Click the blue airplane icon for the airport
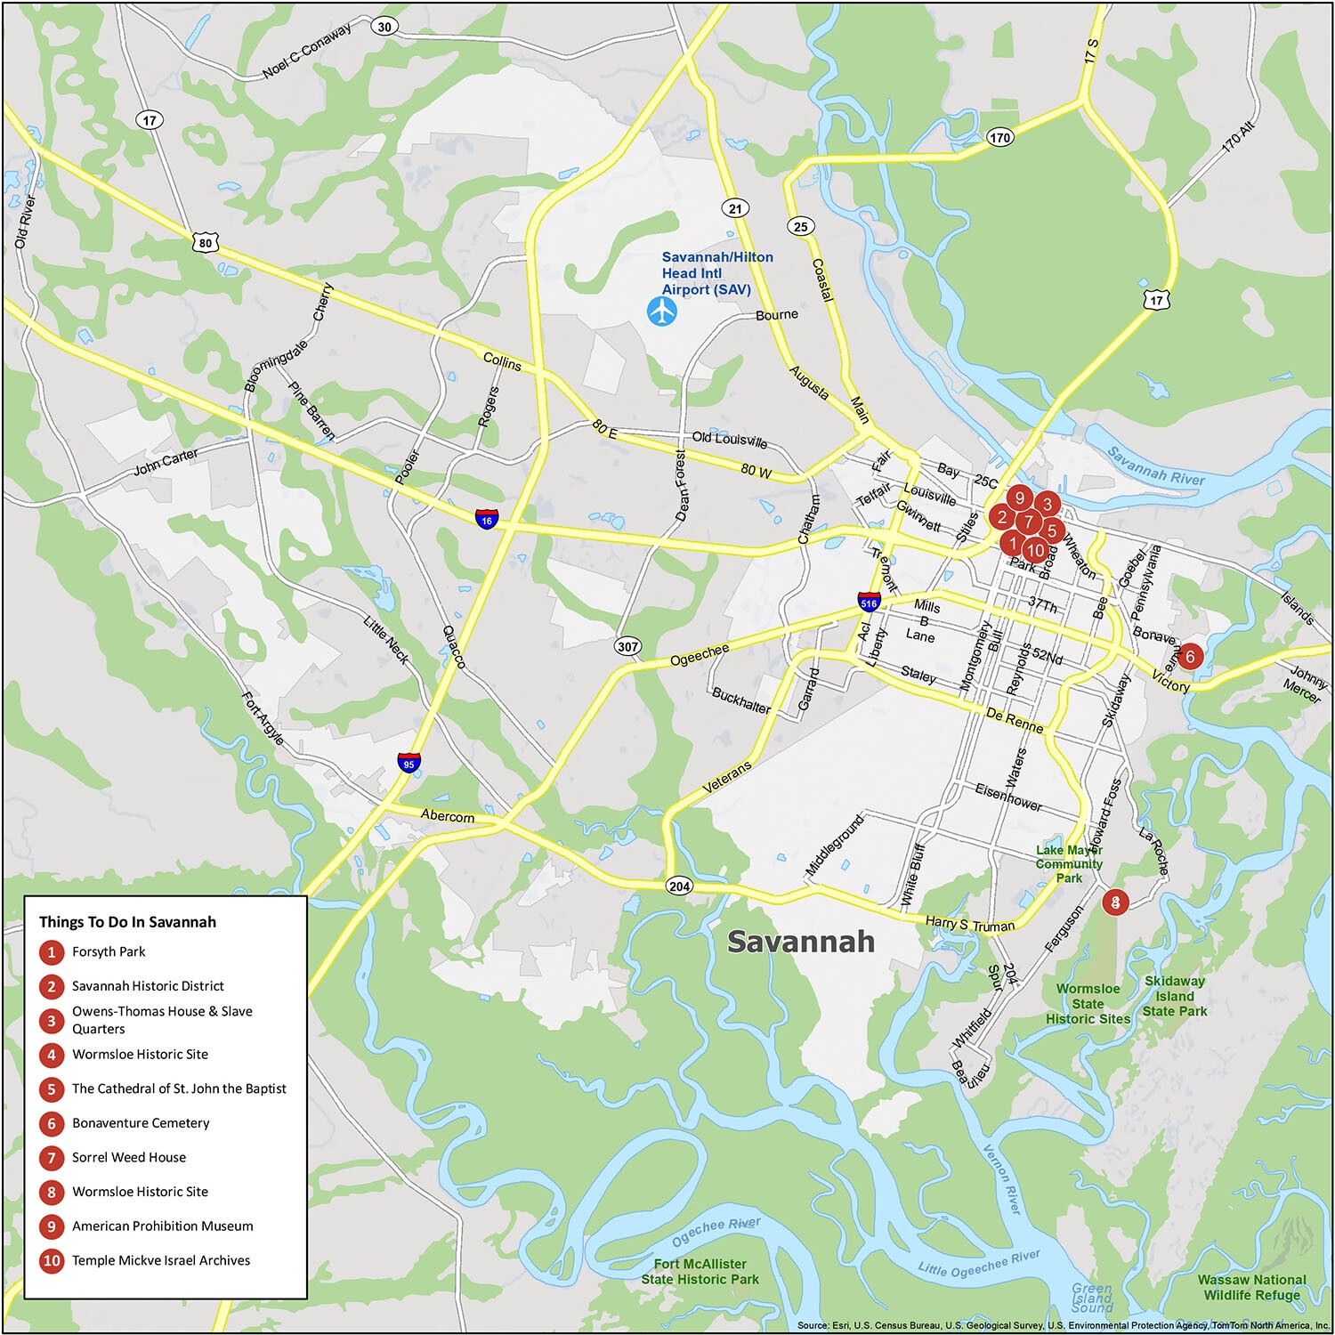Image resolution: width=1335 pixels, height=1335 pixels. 661,311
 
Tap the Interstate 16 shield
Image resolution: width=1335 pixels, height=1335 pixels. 486,519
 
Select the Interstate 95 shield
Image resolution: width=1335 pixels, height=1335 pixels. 408,762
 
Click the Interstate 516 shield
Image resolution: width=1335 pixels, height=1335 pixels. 869,602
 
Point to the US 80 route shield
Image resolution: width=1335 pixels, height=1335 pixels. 206,242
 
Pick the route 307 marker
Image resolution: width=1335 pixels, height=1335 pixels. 627,646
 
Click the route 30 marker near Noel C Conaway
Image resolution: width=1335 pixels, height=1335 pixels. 384,26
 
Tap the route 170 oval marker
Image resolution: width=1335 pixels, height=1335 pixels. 999,137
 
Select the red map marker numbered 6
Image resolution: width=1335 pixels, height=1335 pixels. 1190,657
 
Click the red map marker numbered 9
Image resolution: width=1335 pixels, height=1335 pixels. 1020,498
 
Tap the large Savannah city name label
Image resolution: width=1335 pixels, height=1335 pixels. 800,942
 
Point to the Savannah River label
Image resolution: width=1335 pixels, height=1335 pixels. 1155,465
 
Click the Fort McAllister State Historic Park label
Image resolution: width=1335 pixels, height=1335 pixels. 700,1271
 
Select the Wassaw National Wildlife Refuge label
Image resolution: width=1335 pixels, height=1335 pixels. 1251,1287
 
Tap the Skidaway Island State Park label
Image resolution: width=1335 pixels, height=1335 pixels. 1175,996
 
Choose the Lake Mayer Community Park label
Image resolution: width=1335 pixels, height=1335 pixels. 1069,864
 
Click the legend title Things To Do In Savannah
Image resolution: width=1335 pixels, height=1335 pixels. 127,922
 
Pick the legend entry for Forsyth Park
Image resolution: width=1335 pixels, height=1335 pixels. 109,951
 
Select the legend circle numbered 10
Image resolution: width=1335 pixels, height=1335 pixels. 52,1260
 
